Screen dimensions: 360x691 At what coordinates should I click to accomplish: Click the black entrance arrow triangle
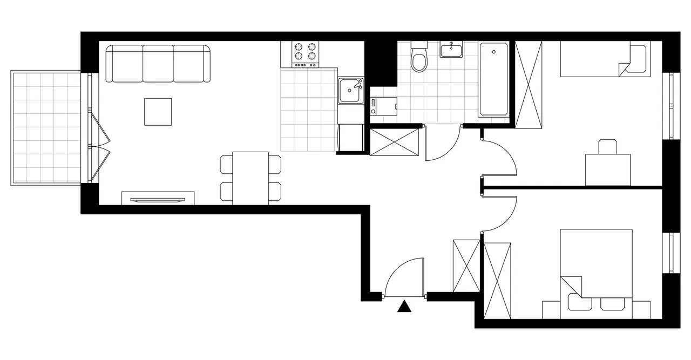[404, 307]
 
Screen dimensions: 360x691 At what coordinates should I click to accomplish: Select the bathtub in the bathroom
[493, 80]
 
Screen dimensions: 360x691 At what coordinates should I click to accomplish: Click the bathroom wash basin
[451, 51]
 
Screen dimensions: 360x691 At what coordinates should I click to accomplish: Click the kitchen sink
[350, 91]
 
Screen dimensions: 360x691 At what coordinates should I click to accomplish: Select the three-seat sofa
[158, 64]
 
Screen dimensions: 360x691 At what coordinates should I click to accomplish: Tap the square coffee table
[158, 112]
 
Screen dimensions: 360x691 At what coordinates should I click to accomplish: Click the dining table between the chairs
[250, 178]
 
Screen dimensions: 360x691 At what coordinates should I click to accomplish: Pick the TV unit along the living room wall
[158, 198]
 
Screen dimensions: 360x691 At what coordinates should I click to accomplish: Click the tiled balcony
[46, 127]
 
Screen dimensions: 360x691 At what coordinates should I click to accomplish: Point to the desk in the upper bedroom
[608, 169]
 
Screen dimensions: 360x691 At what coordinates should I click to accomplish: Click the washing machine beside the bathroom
[384, 106]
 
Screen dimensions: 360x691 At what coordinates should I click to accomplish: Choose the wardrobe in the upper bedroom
[529, 85]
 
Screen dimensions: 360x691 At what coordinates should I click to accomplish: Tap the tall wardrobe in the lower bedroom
[497, 281]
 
